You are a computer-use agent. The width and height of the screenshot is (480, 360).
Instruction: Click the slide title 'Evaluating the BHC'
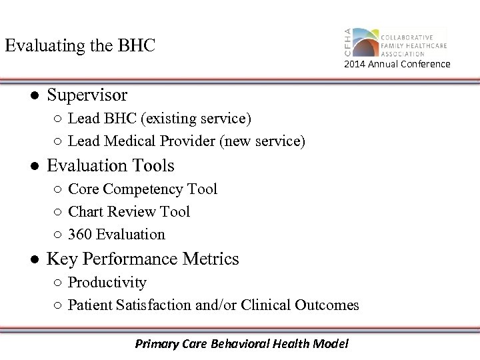pos(79,45)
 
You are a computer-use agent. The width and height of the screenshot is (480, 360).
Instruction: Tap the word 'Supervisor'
pos(87,95)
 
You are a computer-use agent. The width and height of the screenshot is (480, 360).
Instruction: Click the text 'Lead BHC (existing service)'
pos(159,119)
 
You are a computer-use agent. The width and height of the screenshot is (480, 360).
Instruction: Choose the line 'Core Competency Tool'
pos(143,189)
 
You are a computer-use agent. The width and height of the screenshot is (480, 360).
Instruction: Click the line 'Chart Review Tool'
pos(129,212)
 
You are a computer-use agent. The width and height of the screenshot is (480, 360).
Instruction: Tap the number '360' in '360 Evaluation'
pos(79,235)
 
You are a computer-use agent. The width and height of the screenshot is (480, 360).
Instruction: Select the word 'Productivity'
pos(107,283)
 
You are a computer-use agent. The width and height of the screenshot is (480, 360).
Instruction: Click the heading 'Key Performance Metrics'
pos(143,259)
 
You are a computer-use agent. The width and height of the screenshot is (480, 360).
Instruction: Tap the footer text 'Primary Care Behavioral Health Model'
pos(241,344)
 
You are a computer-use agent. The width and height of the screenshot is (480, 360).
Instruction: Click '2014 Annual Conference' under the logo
pos(397,64)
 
